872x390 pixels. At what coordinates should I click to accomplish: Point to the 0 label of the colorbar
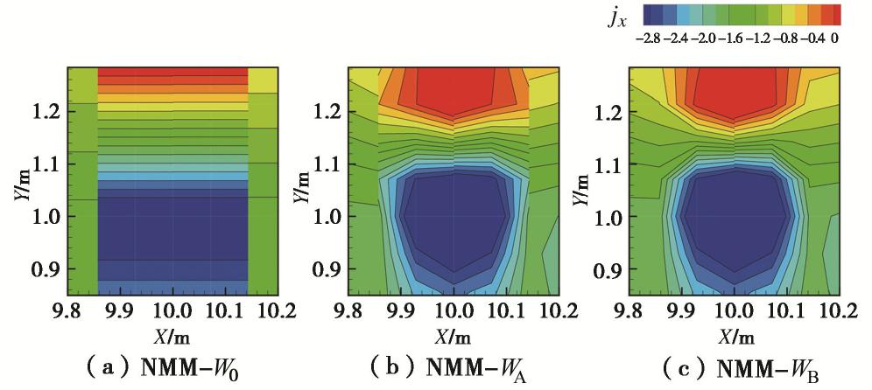click(x=837, y=38)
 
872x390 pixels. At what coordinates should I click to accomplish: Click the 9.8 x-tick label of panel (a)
click(x=69, y=311)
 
